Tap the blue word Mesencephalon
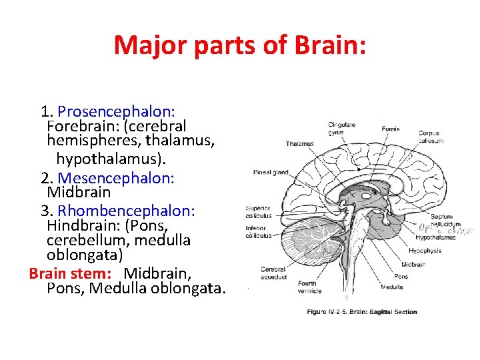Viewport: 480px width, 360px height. pos(117,178)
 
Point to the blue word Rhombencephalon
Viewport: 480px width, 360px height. pos(127,211)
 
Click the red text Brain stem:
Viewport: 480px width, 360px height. pos(70,273)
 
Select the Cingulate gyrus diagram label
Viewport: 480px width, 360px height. pos(341,128)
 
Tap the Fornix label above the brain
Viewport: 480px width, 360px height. pos(391,129)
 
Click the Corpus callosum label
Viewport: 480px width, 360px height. pos(429,137)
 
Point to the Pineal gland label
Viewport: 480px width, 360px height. pos(271,173)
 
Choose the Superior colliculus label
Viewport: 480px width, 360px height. pos(259,212)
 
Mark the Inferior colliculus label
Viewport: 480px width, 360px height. pos(259,231)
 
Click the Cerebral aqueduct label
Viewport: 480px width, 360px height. pos(273,273)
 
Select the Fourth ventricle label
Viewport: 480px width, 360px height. pos(309,287)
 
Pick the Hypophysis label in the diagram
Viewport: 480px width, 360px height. pos(425,251)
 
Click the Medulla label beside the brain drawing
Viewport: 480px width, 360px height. pos(392,287)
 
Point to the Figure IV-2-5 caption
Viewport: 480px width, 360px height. pos(361,312)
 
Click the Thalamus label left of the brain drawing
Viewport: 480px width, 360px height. pos(299,144)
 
